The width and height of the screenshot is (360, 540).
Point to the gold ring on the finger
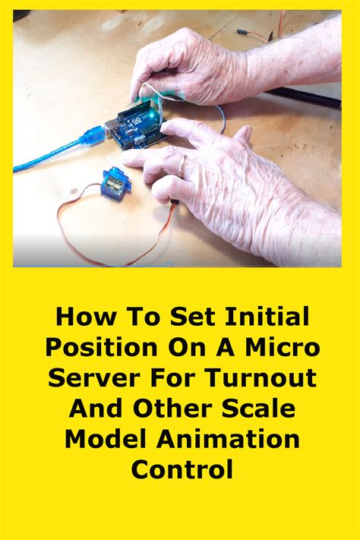pos(182,163)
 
